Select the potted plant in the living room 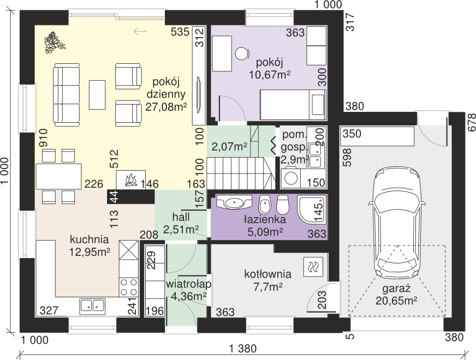54,42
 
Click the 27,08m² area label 166,107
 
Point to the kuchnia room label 89,239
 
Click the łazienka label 265,219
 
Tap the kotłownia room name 267,274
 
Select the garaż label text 396,288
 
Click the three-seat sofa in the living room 67,94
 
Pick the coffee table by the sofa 97,94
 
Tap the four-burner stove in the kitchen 128,287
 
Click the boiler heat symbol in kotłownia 312,267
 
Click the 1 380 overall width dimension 243,349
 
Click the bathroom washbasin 234,202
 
